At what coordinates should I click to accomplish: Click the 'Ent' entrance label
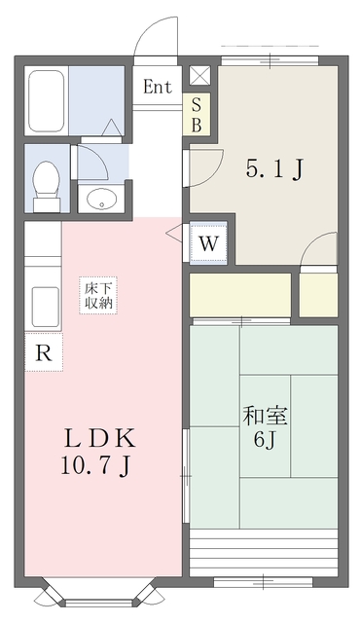pyautogui.click(x=158, y=87)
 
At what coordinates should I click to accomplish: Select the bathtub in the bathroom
pyautogui.click(x=46, y=100)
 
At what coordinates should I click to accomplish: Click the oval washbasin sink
pyautogui.click(x=100, y=201)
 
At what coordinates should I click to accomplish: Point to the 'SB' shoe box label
pyautogui.click(x=197, y=115)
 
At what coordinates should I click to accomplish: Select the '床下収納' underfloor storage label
pyautogui.click(x=98, y=295)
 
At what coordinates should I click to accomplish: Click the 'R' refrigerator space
pyautogui.click(x=44, y=352)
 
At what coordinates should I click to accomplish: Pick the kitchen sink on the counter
pyautogui.click(x=44, y=308)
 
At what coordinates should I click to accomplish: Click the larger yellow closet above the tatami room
pyautogui.click(x=240, y=294)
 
